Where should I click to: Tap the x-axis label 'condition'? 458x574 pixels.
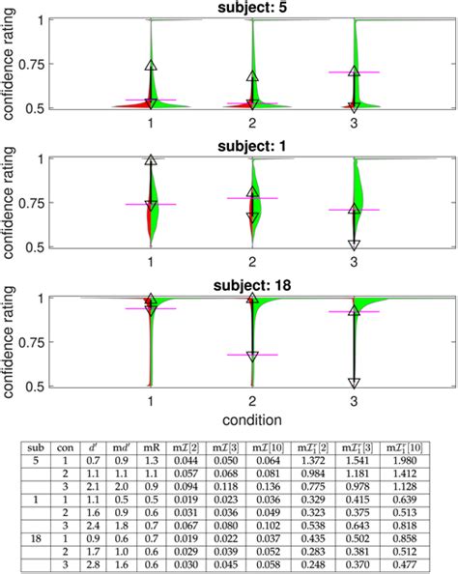click(250, 419)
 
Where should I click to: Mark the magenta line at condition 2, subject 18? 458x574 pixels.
click(252, 355)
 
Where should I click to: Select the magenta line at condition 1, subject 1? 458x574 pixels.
click(152, 204)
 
